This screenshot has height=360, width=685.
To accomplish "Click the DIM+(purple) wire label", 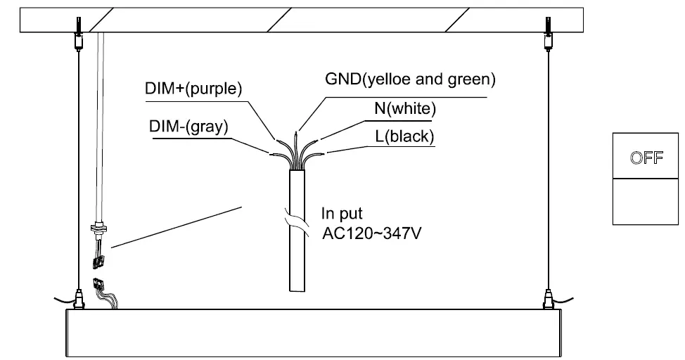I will pyautogui.click(x=193, y=89).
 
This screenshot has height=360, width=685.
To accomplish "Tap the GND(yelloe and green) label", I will pyautogui.click(x=409, y=79).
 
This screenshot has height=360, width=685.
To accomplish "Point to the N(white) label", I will pyautogui.click(x=405, y=108).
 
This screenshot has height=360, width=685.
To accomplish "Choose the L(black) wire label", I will pyautogui.click(x=404, y=136).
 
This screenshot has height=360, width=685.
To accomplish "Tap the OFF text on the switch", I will pyautogui.click(x=646, y=157).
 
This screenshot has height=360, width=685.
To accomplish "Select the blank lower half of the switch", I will pyautogui.click(x=646, y=202).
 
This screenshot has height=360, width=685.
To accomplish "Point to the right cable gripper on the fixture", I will pyautogui.click(x=549, y=301).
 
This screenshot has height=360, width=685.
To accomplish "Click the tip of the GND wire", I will pyautogui.click(x=299, y=130).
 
